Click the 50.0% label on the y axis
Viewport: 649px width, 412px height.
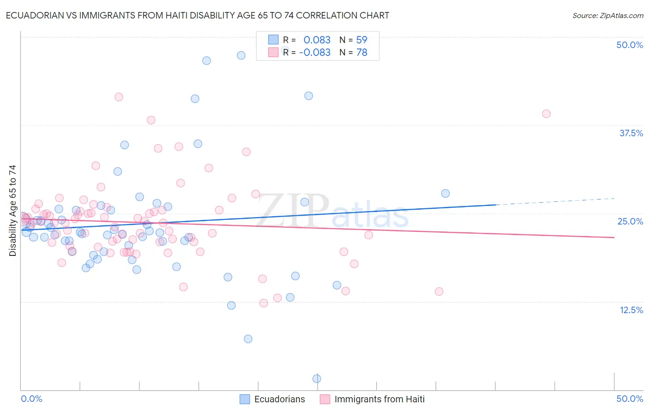pos(630,45)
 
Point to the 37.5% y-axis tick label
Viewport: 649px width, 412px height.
pos(631,133)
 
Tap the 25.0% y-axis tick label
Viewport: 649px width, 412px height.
pos(630,221)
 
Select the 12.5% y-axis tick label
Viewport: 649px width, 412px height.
pos(631,310)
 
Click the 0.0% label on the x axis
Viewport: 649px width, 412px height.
pos(31,399)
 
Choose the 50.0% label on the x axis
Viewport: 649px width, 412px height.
pos(630,399)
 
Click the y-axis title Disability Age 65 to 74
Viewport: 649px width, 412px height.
pos(12,210)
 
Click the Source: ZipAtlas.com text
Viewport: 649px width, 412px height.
pos(607,16)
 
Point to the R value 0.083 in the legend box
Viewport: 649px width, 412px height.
pos(317,40)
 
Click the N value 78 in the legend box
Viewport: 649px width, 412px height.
pos(361,53)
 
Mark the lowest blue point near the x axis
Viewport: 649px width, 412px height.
pos(317,379)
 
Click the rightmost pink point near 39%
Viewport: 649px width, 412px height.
pos(546,114)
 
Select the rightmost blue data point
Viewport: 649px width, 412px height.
pos(445,194)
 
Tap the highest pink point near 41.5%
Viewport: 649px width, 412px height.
pos(119,97)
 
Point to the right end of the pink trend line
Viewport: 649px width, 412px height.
pos(614,237)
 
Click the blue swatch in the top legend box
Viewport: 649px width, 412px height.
pos(273,40)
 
